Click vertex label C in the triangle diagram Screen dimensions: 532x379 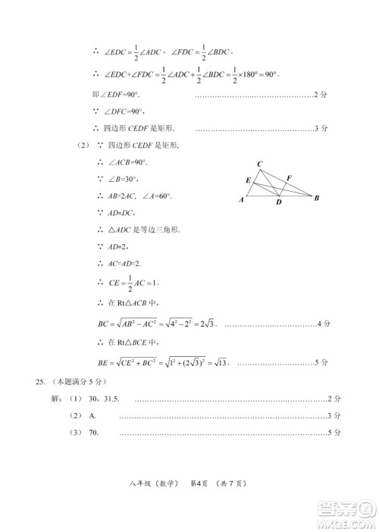coord(260,164)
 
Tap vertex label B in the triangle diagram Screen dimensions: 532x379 coord(316,199)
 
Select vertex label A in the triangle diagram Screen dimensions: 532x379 coord(242,201)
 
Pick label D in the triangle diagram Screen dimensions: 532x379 coord(278,203)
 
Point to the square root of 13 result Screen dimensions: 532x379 coord(220,362)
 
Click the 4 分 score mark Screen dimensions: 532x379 coord(323,324)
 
